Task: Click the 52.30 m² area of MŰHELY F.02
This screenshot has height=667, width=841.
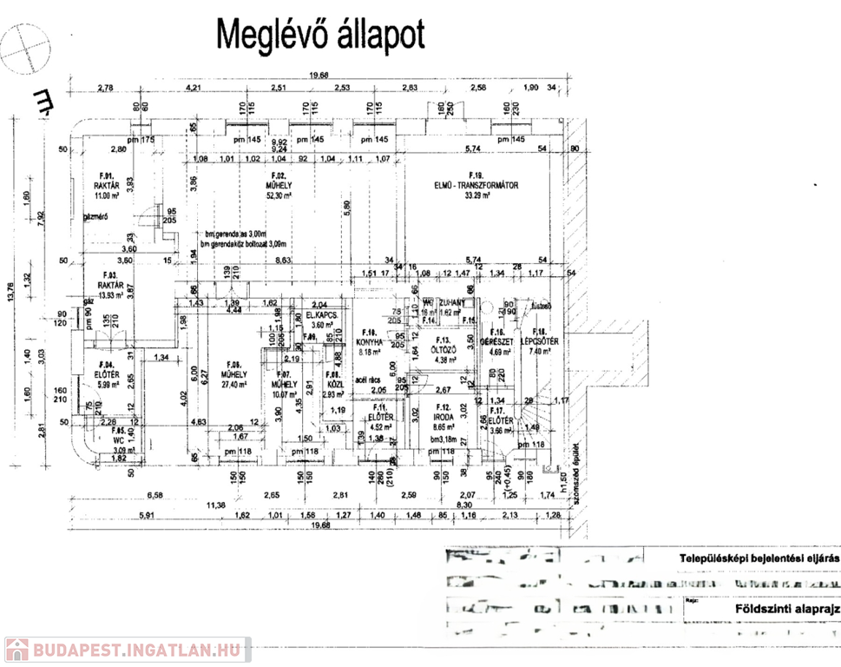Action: click(x=282, y=195)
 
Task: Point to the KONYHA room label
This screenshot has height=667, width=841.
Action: click(x=372, y=340)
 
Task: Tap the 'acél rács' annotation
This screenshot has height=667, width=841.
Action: click(x=369, y=380)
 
